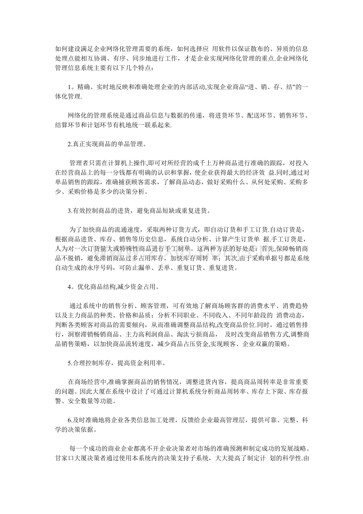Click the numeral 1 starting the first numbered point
tap(69, 87)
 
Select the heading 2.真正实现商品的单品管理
tap(107, 144)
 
